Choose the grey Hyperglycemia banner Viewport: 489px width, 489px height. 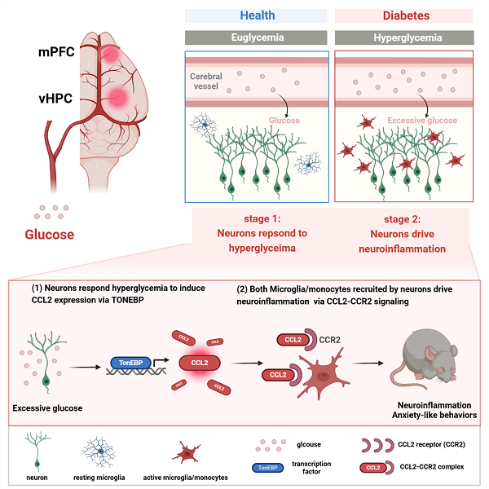[x=404, y=37]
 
